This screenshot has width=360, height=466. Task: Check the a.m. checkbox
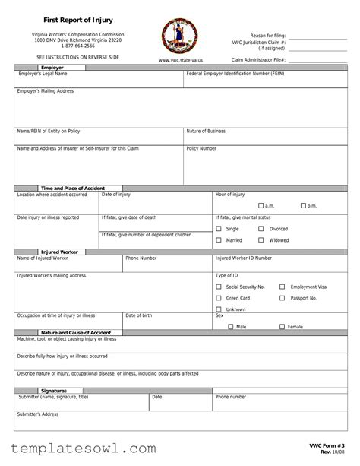click(x=261, y=206)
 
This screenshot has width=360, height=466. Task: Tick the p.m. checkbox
click(x=303, y=206)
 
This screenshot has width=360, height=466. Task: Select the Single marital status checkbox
click(x=219, y=228)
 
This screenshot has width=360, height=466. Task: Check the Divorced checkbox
click(x=261, y=228)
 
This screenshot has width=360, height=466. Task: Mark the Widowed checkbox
click(x=261, y=240)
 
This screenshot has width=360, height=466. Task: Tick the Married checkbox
click(x=219, y=240)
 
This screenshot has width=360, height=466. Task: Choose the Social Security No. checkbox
click(x=219, y=287)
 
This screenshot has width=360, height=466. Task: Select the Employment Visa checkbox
click(x=283, y=287)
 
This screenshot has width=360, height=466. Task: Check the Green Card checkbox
click(x=219, y=298)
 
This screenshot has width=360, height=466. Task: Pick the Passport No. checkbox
click(x=283, y=298)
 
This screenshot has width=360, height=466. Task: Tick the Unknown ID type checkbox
click(x=219, y=309)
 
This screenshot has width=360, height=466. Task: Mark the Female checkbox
click(x=282, y=326)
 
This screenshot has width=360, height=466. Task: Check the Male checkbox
click(x=230, y=326)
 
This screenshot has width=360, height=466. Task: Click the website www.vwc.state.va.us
click(x=179, y=59)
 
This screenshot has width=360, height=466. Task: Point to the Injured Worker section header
click(x=59, y=252)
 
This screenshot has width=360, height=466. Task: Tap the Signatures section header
click(x=53, y=391)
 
